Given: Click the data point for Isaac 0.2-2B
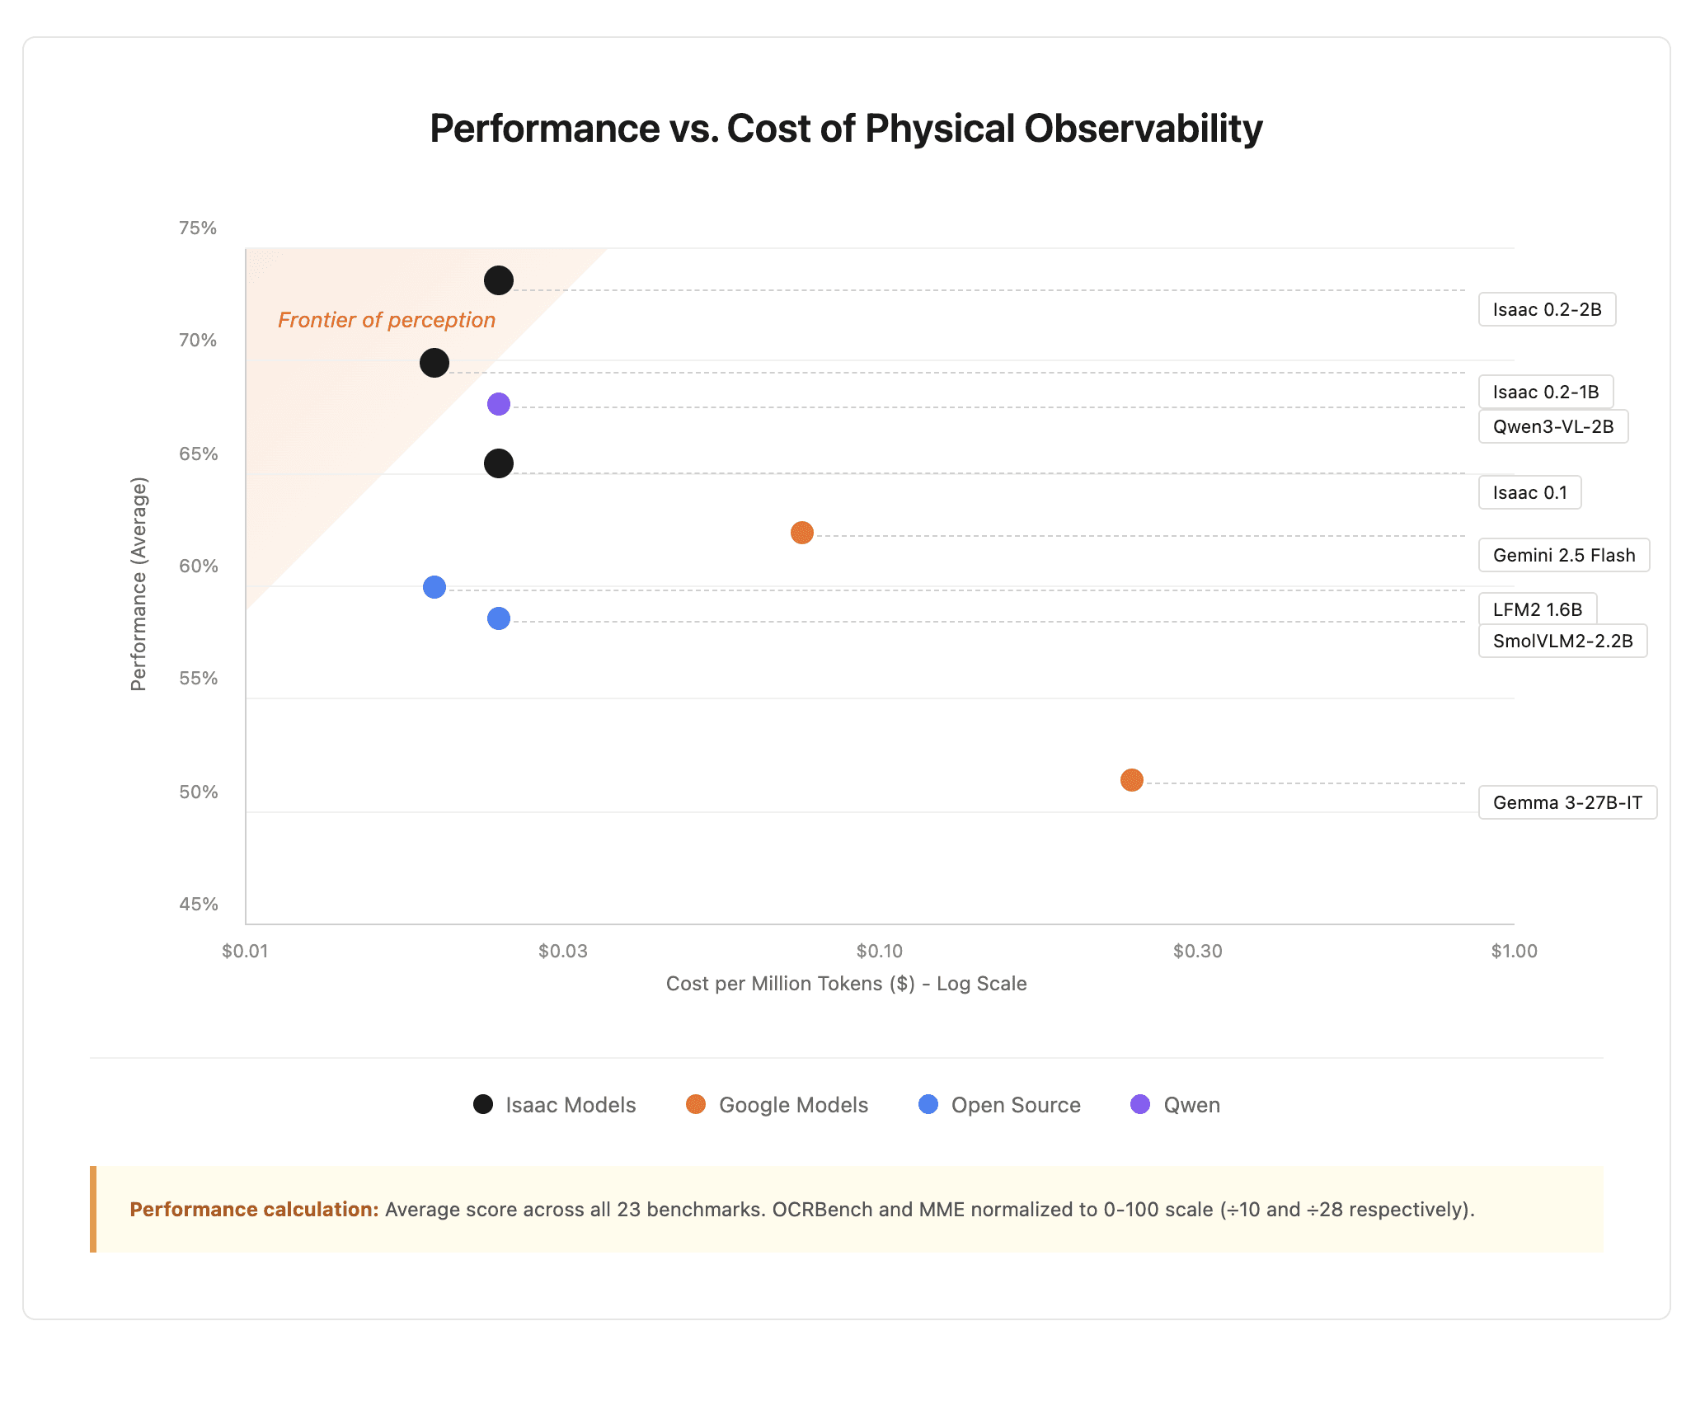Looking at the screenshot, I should pos(499,280).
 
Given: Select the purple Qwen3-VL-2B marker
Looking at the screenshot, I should pos(499,404).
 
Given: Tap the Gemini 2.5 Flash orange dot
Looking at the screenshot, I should pos(802,533).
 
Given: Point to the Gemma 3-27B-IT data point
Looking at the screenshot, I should pos(1132,780).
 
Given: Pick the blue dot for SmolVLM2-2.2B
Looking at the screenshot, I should pos(499,618).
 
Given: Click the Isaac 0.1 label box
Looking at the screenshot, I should pos(1529,492).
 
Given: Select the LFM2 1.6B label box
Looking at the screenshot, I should pos(1537,609).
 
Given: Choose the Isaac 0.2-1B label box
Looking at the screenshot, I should pos(1545,392).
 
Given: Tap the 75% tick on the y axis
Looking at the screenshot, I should pos(198,228).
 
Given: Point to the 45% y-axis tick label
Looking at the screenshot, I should pos(199,905).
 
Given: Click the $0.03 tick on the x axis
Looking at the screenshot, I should pos(563,951).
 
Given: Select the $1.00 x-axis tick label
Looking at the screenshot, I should pos(1514,951).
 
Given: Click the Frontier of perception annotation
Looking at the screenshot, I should pos(387,320).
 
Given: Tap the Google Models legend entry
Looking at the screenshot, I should pos(777,1105).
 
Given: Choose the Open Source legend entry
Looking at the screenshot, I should pos(1000,1105).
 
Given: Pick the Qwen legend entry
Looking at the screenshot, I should pos(1176,1105).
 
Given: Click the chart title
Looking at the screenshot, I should pos(846,129).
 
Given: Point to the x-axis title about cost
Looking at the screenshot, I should pos(846,984).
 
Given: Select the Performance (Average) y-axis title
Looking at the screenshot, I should pos(139,584).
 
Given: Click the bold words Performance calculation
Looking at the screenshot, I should pos(254,1210).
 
